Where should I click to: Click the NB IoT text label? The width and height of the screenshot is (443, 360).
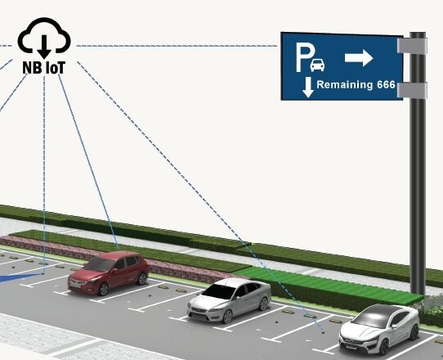click(44, 68)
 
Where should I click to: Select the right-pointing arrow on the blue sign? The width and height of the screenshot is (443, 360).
click(359, 58)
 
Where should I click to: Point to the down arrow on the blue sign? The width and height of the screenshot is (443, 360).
click(308, 87)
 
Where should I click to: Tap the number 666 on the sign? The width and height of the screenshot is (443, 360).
click(386, 84)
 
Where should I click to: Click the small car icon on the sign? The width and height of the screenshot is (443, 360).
click(317, 65)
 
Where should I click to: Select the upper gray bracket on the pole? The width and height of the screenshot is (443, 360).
click(412, 46)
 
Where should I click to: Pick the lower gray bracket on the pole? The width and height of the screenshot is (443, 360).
click(412, 90)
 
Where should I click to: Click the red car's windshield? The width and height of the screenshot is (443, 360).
click(98, 263)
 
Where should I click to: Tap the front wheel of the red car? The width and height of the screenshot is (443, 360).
click(103, 289)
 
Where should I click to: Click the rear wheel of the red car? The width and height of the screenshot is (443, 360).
click(142, 278)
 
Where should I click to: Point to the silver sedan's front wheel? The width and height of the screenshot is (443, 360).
click(227, 316)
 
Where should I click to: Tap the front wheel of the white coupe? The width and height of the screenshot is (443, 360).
click(385, 346)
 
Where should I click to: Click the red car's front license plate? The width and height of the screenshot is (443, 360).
click(76, 286)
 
